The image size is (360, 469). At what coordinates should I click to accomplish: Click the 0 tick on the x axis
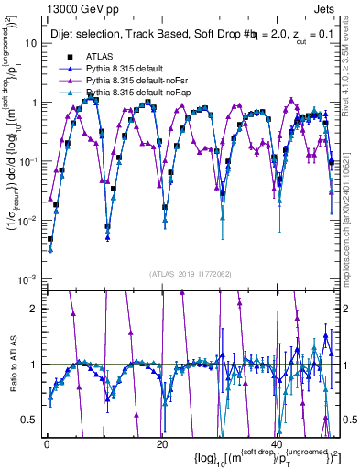[x=46, y=444]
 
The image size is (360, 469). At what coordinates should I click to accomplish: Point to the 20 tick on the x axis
[x=161, y=444]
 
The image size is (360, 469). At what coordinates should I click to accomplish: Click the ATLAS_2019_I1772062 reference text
[x=191, y=273]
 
